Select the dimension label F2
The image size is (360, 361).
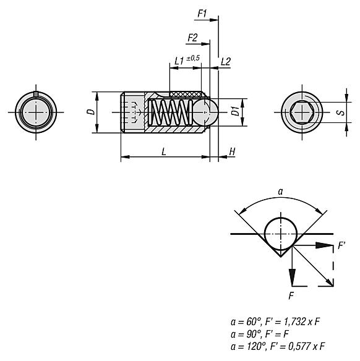coord(192,38)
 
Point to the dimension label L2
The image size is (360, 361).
coord(226,61)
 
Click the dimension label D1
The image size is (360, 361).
coord(235,113)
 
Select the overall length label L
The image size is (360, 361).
coord(163,151)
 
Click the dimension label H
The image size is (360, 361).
coord(232,151)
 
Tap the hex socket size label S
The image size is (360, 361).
coord(339,113)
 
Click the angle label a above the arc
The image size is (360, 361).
coord(280,192)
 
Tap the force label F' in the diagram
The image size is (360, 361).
coord(341,247)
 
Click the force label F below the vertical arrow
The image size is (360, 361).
coord(291,295)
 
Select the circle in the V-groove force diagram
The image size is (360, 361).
coord(280,234)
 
